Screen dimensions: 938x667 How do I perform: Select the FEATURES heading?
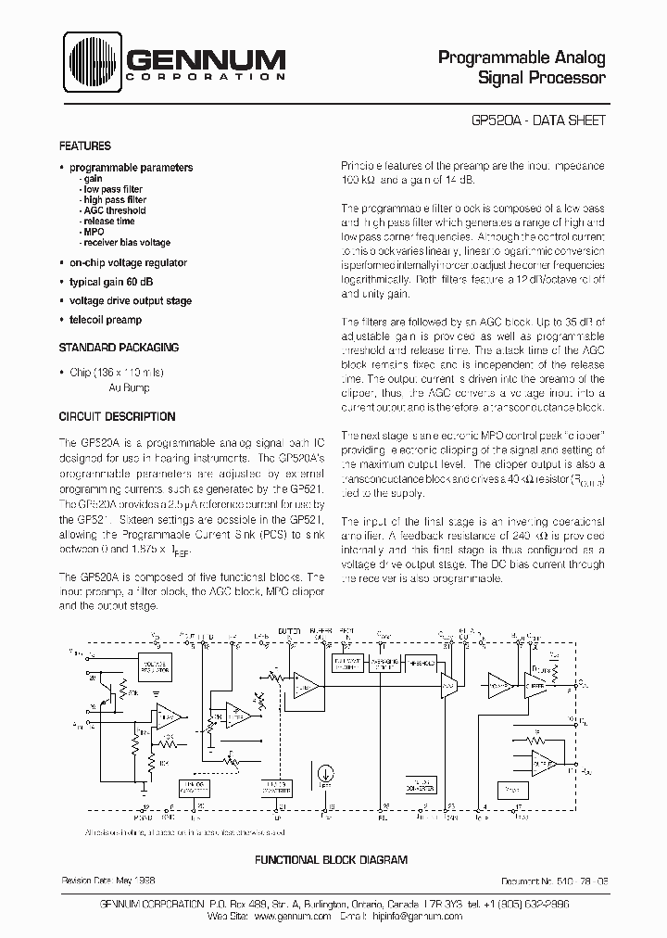[x=85, y=146]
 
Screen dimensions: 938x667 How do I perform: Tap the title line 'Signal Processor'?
[x=541, y=78]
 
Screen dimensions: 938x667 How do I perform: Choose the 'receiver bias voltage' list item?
[x=127, y=243]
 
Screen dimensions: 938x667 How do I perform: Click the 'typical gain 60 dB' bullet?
[x=118, y=281]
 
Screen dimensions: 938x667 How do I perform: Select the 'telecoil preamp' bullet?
[x=106, y=320]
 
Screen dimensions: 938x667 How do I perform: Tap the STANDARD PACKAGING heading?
[x=119, y=347]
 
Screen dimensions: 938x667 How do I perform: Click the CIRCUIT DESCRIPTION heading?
[x=117, y=416]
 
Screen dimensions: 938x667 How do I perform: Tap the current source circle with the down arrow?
[x=325, y=772]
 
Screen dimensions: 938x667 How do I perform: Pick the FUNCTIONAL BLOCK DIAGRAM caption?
[x=332, y=860]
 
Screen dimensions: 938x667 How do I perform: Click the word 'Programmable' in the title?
[x=497, y=57]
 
